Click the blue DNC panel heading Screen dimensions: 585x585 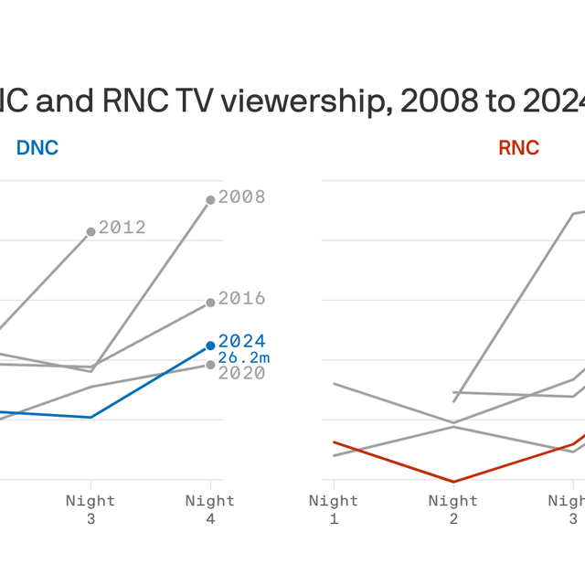(x=37, y=147)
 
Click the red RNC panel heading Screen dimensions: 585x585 (x=518, y=147)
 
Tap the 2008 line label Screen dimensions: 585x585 (x=242, y=197)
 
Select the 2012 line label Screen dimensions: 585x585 (x=122, y=228)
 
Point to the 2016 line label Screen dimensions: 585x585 (x=242, y=299)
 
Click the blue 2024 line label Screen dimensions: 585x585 (x=242, y=342)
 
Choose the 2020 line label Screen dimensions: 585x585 (x=242, y=373)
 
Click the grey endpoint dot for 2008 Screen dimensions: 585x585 (x=210, y=199)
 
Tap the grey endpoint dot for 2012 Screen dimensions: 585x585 (x=90, y=232)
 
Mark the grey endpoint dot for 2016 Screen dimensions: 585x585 (x=210, y=302)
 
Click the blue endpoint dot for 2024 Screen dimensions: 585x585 (x=210, y=346)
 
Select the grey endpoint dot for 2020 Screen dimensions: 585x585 (x=210, y=365)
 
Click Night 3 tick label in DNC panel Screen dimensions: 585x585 (x=90, y=509)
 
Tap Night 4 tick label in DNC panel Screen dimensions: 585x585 (x=210, y=509)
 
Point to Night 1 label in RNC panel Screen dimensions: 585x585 (x=334, y=509)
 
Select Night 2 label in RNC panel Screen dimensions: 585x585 (x=453, y=509)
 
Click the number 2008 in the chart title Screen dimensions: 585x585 (x=434, y=103)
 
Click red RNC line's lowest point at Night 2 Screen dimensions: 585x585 (x=453, y=482)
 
